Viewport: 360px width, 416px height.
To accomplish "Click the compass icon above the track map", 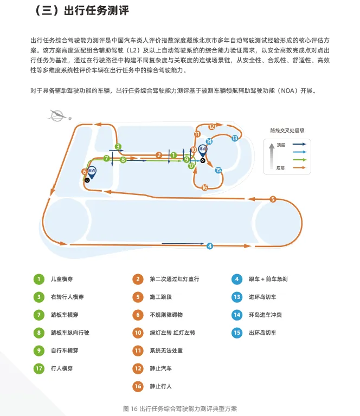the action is tap(56, 115).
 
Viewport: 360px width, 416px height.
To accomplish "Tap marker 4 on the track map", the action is tap(210, 246).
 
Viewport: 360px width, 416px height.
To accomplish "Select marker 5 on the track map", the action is tap(273, 199).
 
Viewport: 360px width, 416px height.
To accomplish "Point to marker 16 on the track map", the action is tap(204, 187).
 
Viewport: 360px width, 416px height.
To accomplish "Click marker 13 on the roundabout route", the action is tap(235, 138).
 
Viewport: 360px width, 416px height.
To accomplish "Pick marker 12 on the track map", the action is tap(211, 127).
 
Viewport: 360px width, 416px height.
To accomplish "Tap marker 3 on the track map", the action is tap(118, 146).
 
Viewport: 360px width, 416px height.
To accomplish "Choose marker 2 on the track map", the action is tap(159, 155).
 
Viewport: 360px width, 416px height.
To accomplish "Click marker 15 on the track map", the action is tap(218, 170).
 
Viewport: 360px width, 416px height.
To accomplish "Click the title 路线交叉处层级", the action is tap(288, 131).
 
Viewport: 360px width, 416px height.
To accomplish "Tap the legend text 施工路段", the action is tap(160, 297).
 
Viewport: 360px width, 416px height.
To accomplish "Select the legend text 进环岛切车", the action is tap(262, 297).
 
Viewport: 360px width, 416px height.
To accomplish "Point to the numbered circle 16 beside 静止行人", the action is tap(138, 386).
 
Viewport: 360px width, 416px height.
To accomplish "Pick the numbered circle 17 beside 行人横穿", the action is tap(38, 368).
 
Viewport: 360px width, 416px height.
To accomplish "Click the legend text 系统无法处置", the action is tap(166, 350).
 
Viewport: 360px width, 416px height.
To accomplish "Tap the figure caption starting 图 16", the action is tap(180, 408).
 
